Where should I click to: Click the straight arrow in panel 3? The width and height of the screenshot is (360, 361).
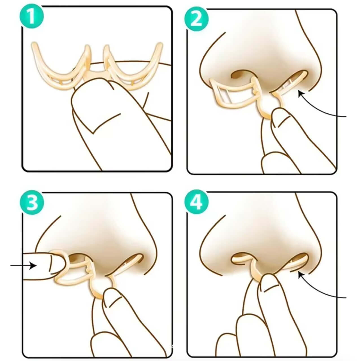click(23, 265)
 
